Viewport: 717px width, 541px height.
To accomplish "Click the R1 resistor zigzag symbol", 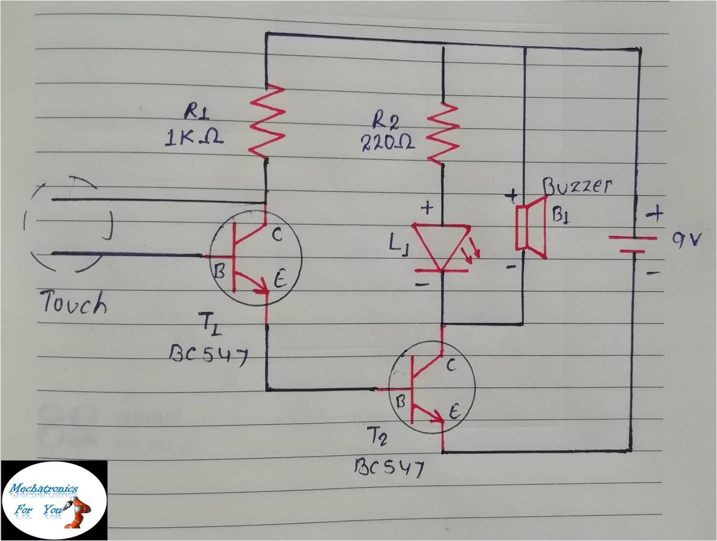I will click(266, 121).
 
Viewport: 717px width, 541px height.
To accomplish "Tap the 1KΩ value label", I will click(193, 138).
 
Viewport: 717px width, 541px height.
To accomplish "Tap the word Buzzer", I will click(578, 187).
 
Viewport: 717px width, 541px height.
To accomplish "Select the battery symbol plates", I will click(632, 244).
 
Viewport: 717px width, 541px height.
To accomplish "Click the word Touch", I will click(74, 303).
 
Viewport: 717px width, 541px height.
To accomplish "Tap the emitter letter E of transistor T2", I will click(454, 411).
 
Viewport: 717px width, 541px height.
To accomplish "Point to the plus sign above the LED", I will click(427, 208).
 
